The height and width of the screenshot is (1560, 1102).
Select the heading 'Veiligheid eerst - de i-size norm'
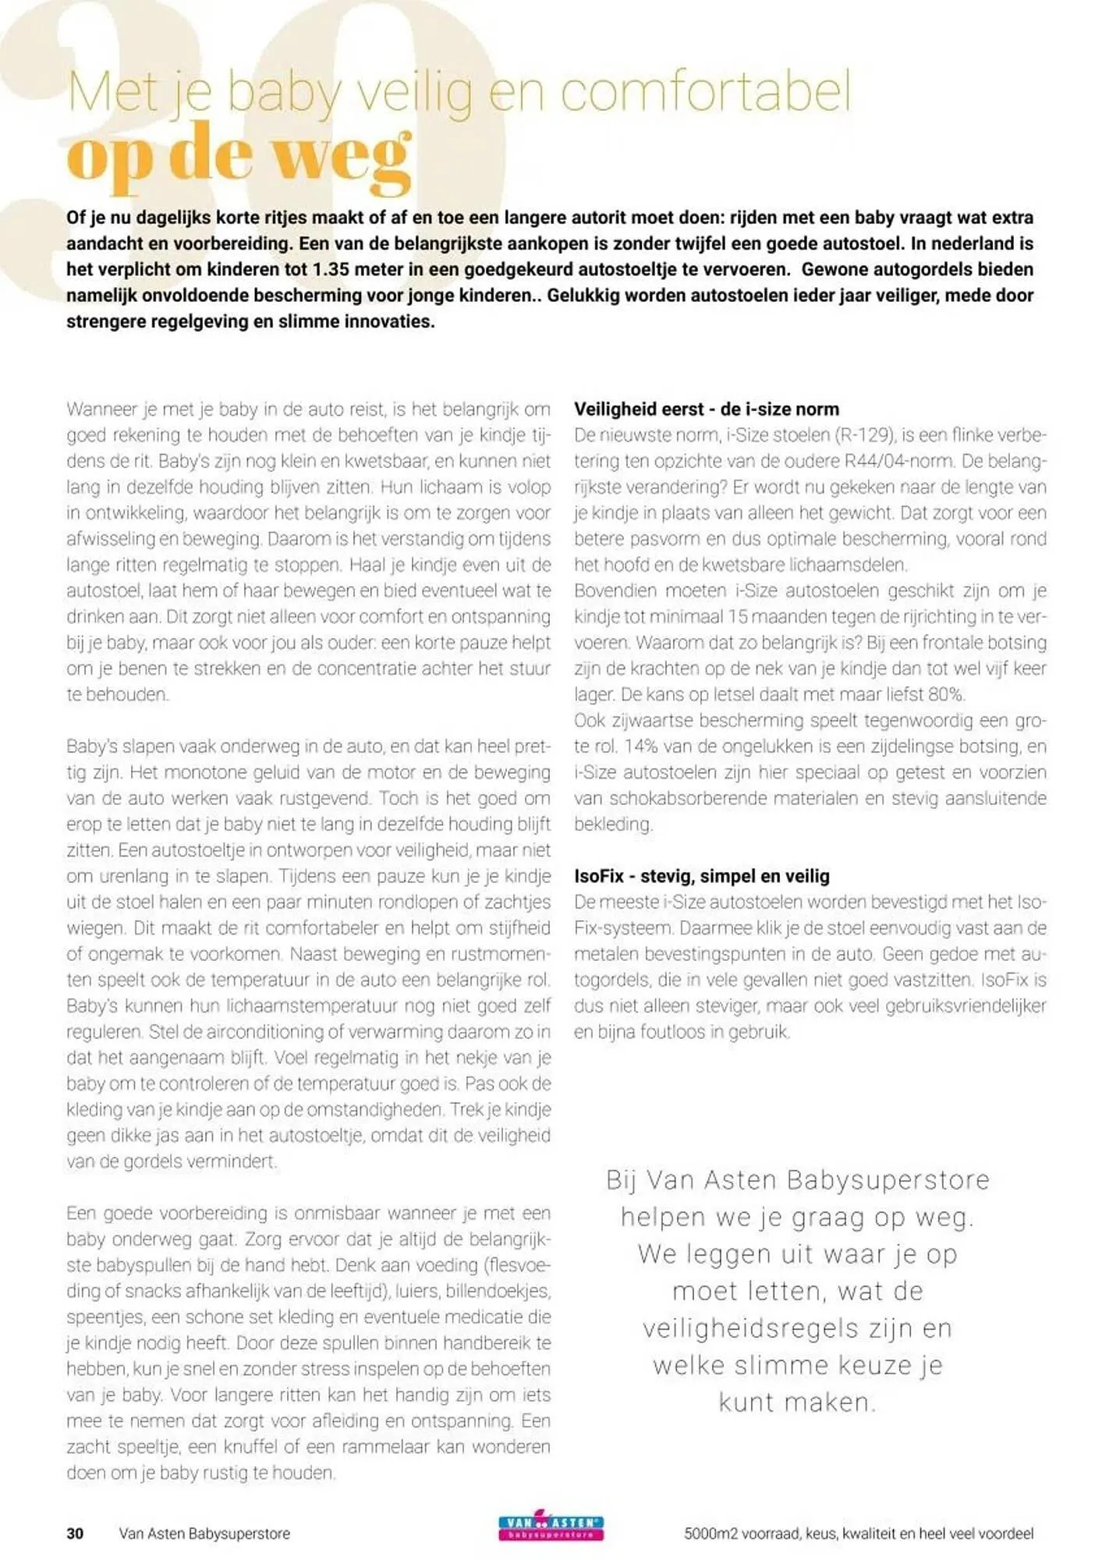click(707, 409)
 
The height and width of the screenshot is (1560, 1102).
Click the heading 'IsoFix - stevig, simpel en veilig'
click(702, 876)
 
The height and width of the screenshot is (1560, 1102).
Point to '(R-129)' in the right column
click(866, 435)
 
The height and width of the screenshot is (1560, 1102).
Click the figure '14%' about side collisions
click(642, 746)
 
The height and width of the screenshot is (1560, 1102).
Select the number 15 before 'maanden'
click(738, 617)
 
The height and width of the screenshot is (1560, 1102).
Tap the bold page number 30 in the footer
click(75, 1533)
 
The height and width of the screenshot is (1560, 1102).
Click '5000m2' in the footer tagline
click(710, 1533)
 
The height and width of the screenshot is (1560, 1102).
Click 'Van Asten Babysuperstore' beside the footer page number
click(204, 1533)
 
